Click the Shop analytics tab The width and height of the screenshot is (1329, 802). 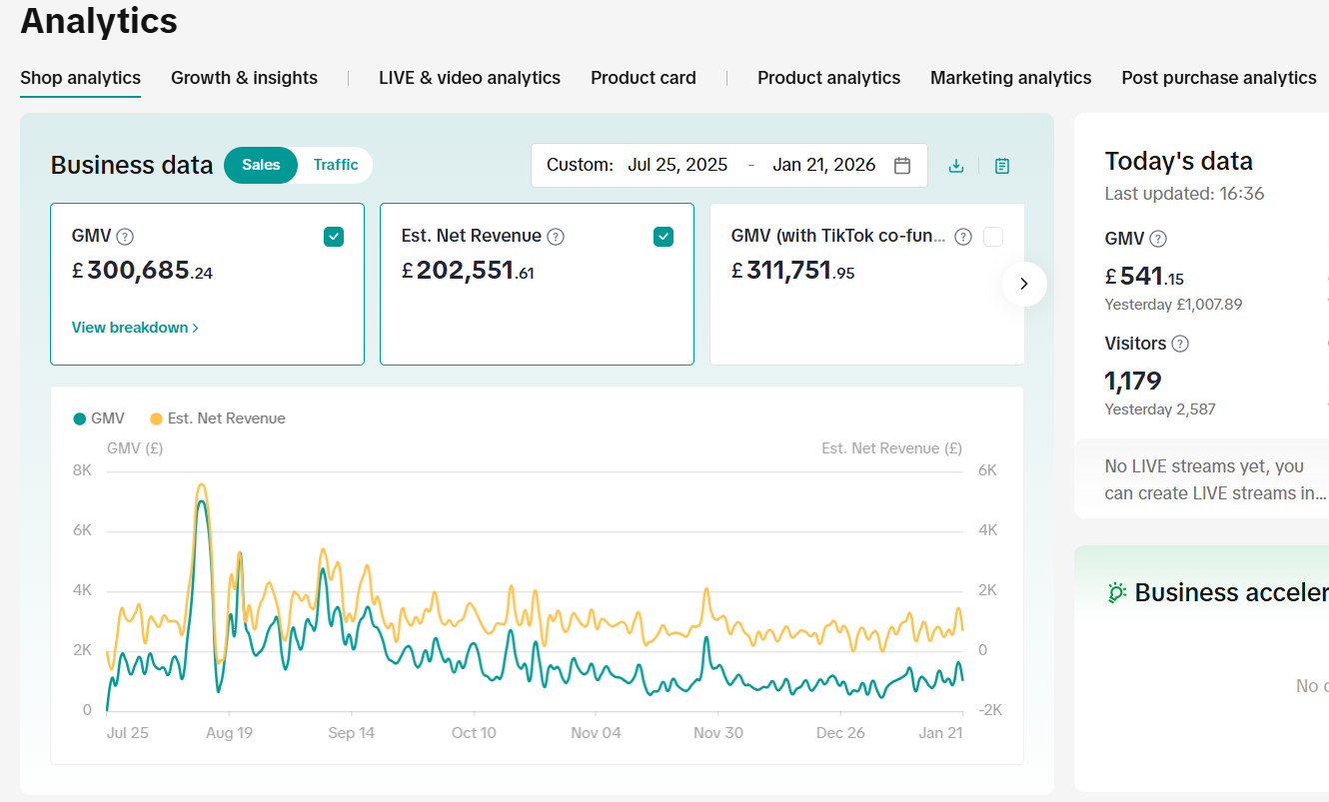pos(80,78)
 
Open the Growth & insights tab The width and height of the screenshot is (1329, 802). pos(244,78)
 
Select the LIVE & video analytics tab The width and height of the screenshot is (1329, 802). pos(469,78)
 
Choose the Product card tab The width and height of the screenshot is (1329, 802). pos(643,78)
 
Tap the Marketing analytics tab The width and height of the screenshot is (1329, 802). pos(1010,78)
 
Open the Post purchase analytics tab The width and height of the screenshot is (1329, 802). pos(1218,78)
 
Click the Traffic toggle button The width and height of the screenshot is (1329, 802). pos(335,165)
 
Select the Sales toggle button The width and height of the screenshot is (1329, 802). pos(261,165)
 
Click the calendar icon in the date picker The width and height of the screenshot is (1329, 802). pos(902,166)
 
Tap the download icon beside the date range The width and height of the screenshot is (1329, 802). pos(956,166)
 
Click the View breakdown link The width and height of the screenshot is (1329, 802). pos(135,328)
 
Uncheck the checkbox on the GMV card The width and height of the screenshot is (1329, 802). pos(334,237)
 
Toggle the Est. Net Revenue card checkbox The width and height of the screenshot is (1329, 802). pos(664,237)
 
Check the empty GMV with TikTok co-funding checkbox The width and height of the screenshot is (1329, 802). pos(993,237)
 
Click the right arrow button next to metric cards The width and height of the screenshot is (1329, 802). pos(1024,284)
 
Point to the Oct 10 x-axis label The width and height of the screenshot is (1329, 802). pos(474,733)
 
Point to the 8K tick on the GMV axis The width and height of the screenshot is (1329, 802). pos(82,470)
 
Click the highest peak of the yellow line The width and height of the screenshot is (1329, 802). pos(202,485)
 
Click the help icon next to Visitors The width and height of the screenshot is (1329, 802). pos(1180,344)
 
